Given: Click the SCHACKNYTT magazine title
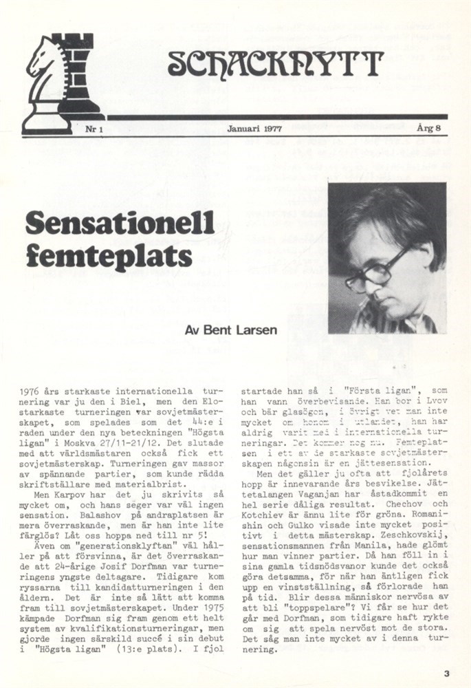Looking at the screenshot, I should point(275,63).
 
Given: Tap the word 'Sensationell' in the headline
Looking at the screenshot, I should point(120,223).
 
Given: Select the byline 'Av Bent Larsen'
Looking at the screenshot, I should point(231,330).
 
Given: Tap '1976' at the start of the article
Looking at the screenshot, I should point(32,390).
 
